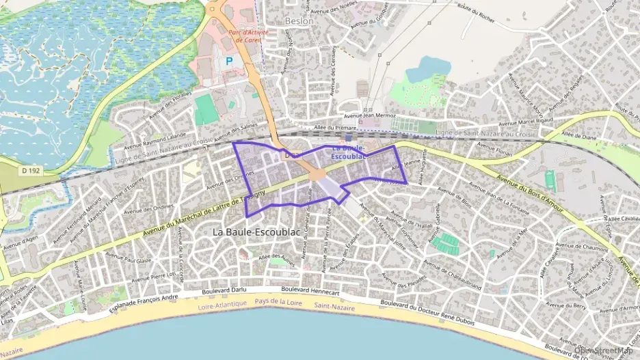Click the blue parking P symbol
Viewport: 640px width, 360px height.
click(x=229, y=61)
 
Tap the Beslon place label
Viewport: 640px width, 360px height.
click(x=299, y=20)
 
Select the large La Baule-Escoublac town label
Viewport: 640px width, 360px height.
click(x=256, y=232)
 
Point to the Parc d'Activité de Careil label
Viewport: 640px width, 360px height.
click(x=248, y=36)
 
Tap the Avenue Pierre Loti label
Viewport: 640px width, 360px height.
click(x=154, y=276)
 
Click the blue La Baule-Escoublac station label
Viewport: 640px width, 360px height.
click(x=349, y=152)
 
